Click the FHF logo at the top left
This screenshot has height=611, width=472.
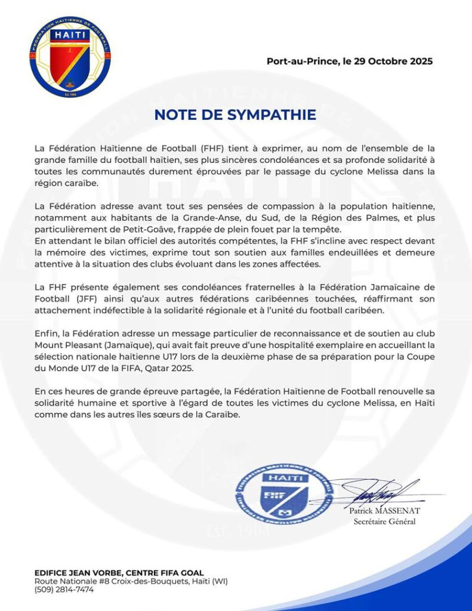[x=70, y=57]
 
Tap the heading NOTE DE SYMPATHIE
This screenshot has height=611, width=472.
[x=235, y=115]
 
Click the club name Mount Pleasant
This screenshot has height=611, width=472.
[x=65, y=345]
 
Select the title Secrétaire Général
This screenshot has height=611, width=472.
[x=384, y=522]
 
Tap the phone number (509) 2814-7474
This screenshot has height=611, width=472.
[x=64, y=590]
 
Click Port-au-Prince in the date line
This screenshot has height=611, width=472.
[x=294, y=61]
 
